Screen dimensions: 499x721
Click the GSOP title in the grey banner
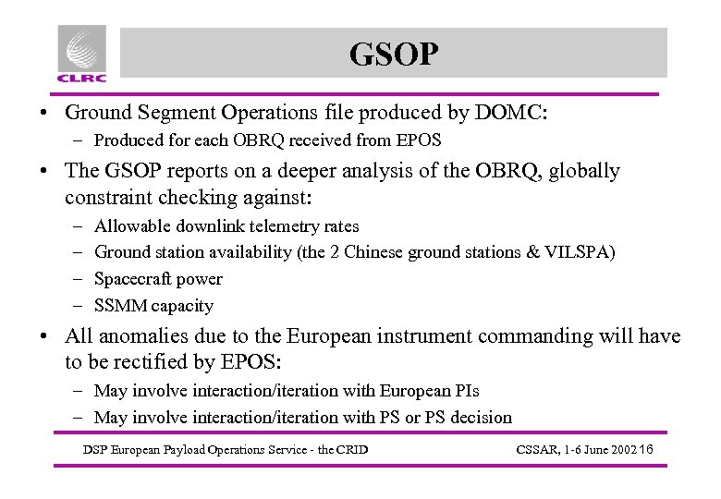coord(393,55)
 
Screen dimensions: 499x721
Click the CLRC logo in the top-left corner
coord(81,54)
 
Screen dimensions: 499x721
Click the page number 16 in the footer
coord(645,449)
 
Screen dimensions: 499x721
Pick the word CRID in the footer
coord(352,450)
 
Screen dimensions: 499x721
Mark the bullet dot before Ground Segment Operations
coord(43,115)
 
